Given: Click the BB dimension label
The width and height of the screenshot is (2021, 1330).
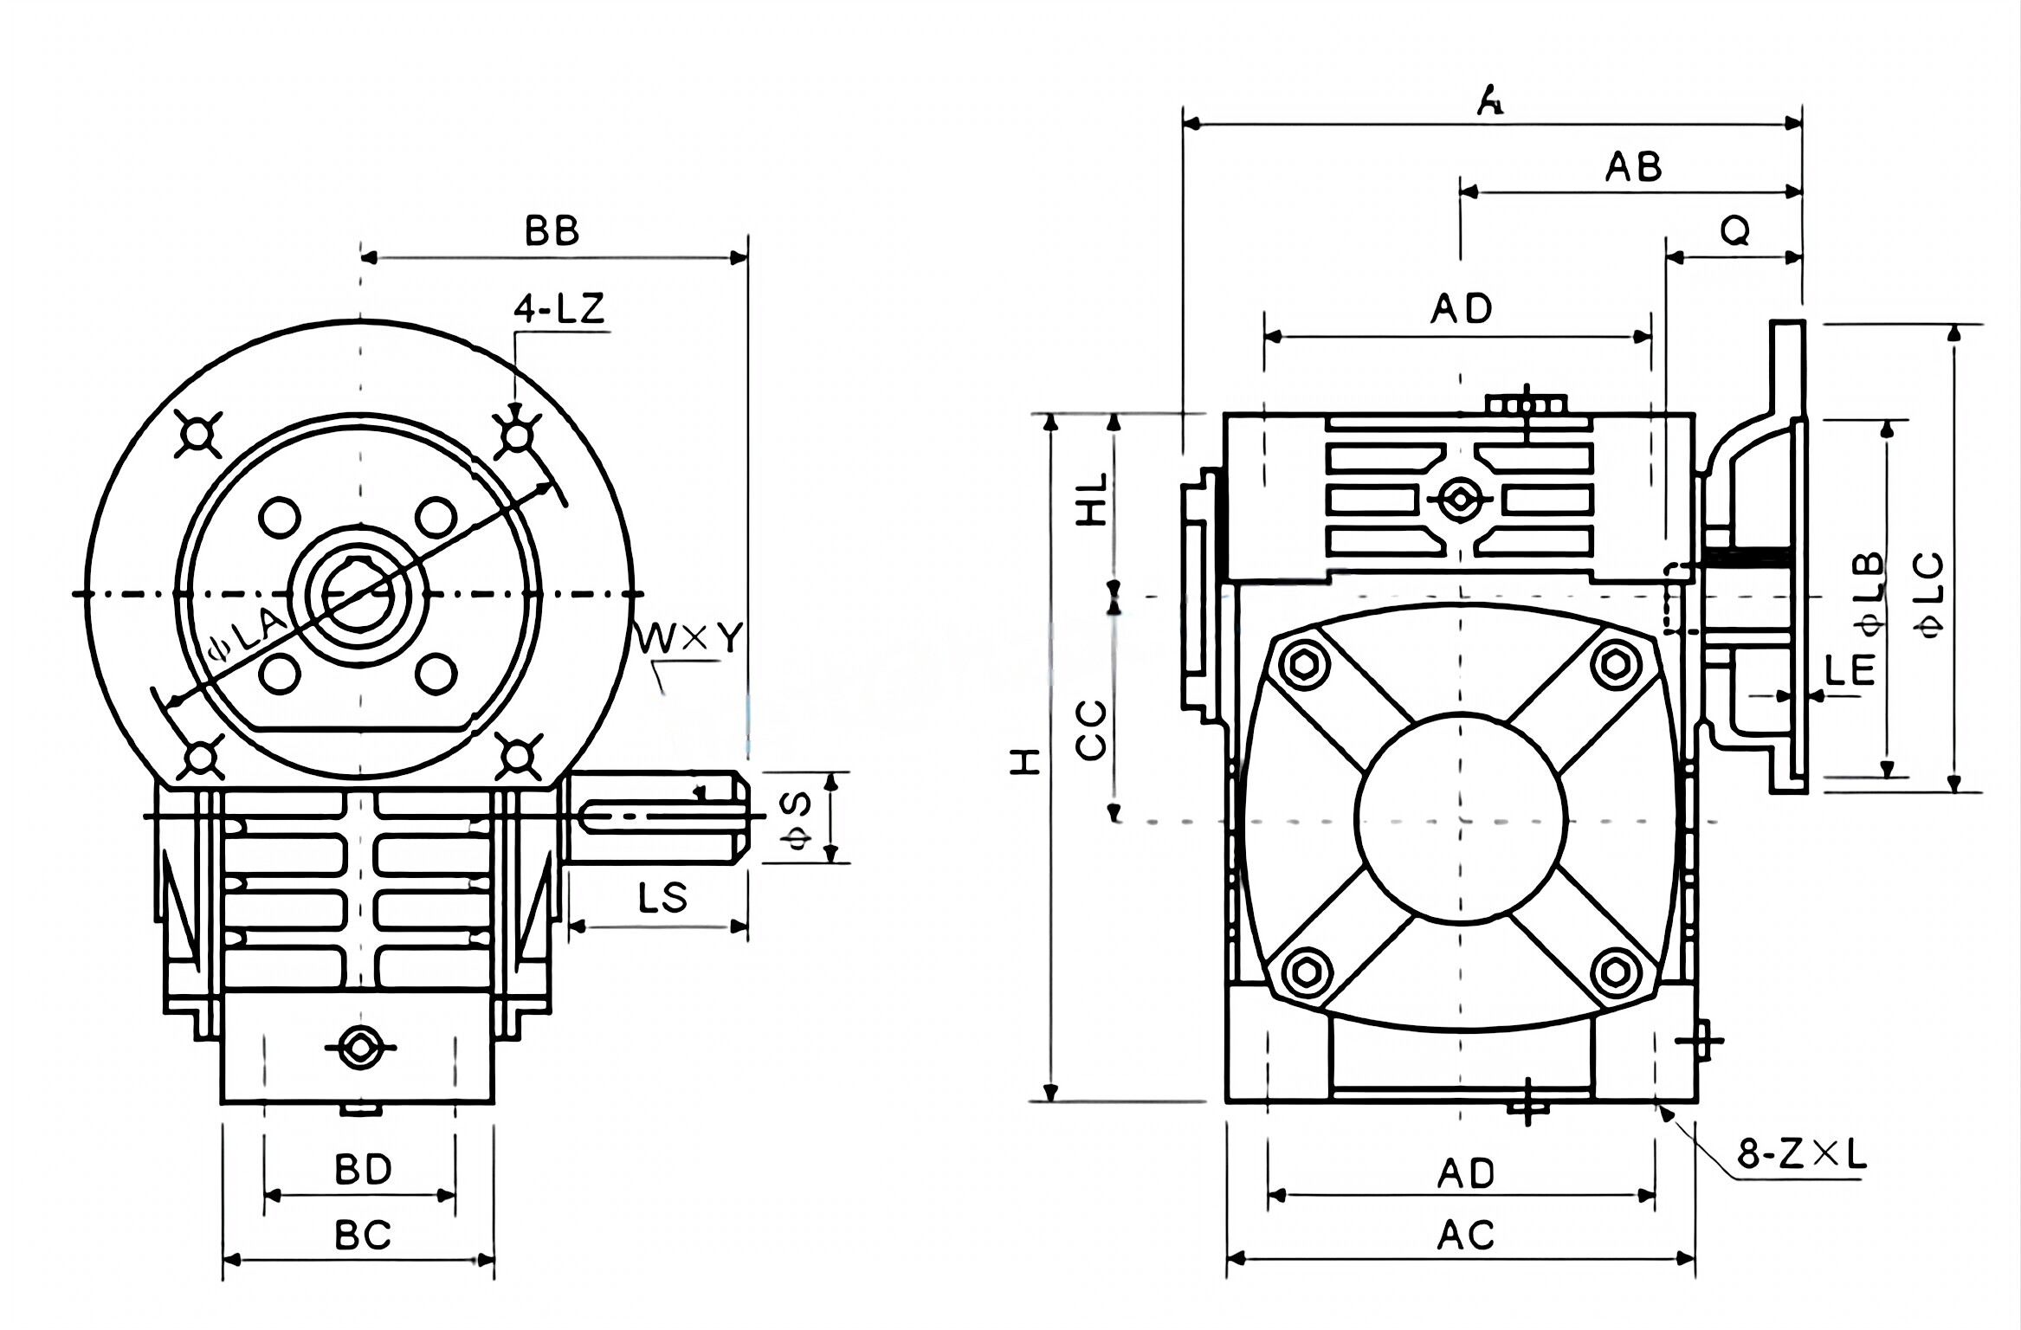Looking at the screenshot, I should [552, 231].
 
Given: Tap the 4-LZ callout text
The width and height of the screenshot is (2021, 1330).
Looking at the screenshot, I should [559, 309].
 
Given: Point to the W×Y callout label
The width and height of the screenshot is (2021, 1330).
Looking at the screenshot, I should [690, 639].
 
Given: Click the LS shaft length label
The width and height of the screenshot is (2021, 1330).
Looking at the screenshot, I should [662, 898].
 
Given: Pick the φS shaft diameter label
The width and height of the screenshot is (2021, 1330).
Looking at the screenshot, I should [797, 818].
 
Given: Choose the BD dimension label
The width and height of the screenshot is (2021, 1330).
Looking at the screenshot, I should [363, 1170].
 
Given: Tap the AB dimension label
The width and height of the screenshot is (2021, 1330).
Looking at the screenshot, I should [1633, 167].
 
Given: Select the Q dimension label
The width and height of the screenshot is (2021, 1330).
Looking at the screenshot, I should [1734, 231].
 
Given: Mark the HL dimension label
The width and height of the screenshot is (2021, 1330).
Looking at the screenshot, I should [1093, 500].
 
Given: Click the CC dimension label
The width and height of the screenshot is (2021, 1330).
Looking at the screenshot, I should [1092, 730].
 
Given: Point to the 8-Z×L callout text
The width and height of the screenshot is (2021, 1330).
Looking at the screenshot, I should [1801, 1154].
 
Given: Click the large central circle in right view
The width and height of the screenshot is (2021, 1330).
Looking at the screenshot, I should [1461, 818].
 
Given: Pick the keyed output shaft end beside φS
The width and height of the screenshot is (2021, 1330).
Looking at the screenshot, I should [658, 817].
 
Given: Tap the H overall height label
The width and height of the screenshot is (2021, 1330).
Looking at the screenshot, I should [1027, 762].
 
